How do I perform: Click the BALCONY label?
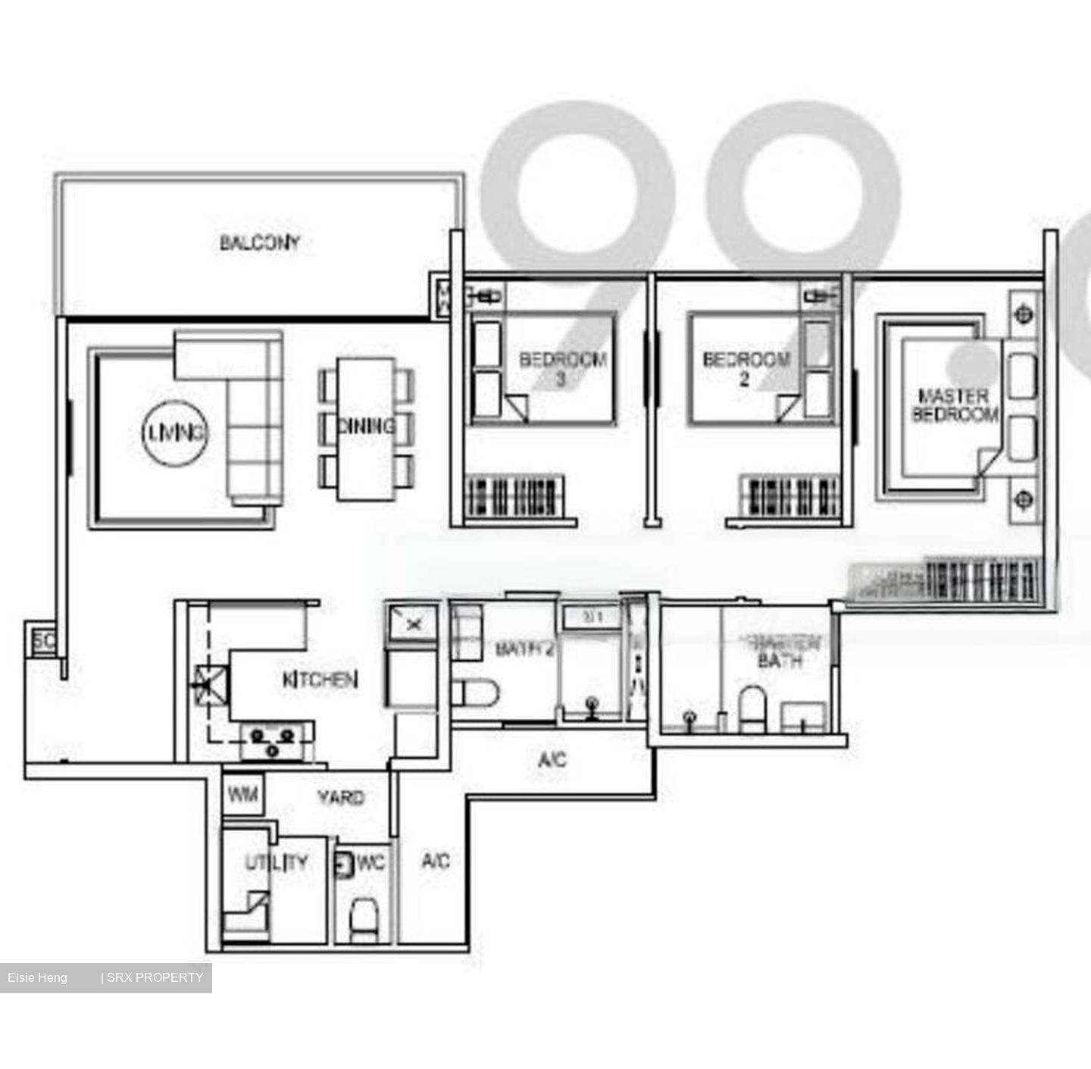[x=260, y=243]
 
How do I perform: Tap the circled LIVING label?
[x=176, y=433]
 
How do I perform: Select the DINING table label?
[x=366, y=427]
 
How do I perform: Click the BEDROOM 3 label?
[x=562, y=368]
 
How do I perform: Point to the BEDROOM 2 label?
[x=746, y=368]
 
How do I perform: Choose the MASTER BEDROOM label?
[x=955, y=405]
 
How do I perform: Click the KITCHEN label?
[x=320, y=680]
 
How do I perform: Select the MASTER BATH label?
[x=780, y=652]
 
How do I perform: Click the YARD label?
[x=340, y=797]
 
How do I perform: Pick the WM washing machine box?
[x=243, y=795]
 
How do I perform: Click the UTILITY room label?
[x=277, y=862]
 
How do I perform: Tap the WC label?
[x=371, y=862]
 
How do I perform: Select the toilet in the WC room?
[x=363, y=919]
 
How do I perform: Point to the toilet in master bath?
[x=752, y=708]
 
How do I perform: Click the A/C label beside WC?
[x=436, y=861]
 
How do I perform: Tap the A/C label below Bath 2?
[x=552, y=759]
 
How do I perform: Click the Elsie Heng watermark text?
[x=38, y=977]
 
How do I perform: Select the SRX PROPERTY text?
[x=155, y=977]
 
